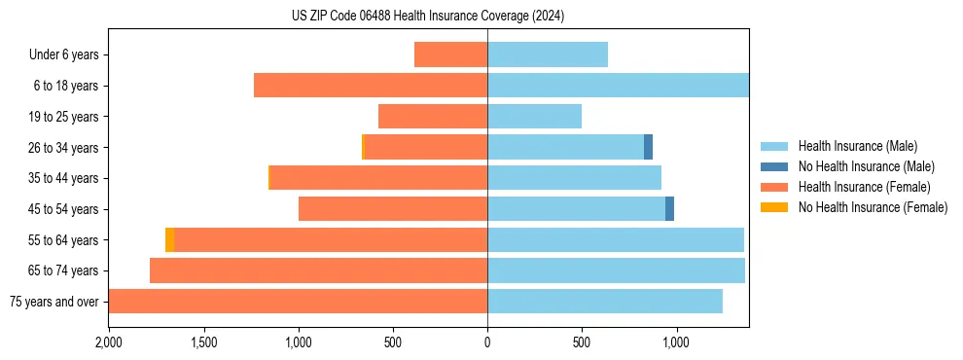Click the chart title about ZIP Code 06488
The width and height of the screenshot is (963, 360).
point(428,17)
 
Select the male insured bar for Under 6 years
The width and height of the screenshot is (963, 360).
point(548,54)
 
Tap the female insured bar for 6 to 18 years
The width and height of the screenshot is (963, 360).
point(371,86)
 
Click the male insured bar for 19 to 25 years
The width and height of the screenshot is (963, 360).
point(534,117)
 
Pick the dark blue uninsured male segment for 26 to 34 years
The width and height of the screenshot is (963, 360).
point(648,147)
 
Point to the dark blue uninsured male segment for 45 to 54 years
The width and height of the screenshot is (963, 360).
point(669,209)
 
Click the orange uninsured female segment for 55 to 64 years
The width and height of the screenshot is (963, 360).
point(170,240)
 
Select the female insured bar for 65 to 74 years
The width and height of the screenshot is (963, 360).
point(318,270)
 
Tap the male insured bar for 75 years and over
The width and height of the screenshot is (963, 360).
point(605,302)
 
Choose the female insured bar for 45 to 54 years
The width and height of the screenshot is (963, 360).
point(393,209)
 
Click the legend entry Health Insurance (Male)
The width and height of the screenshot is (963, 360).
point(857,146)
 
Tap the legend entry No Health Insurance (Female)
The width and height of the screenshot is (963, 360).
point(873,207)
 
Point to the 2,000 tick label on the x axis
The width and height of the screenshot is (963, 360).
point(109,342)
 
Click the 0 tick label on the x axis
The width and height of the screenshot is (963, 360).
point(487,342)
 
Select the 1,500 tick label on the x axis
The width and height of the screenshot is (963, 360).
point(203,342)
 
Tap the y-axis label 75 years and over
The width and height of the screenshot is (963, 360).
point(54,302)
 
